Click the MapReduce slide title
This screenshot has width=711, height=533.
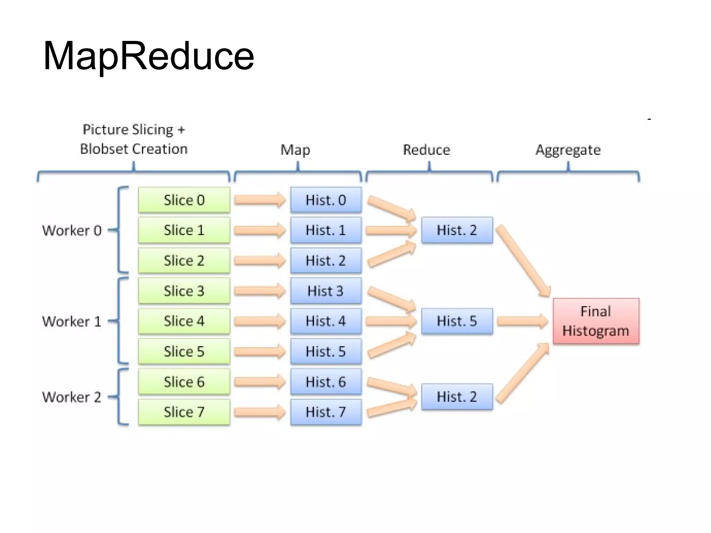[x=149, y=56]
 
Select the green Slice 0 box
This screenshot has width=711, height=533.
[x=184, y=200]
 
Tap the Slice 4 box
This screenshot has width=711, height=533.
[x=184, y=321]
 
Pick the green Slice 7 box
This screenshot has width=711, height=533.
[x=184, y=412]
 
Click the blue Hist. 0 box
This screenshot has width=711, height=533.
[x=326, y=200]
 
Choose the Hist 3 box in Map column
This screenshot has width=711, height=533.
[x=326, y=291]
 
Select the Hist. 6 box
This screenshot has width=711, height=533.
[x=326, y=382]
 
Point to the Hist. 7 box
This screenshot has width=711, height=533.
[x=326, y=412]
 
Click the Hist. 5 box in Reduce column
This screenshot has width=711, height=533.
[x=457, y=321]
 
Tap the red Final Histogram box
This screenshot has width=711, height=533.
[x=596, y=321]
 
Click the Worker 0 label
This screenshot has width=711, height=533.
[x=72, y=230]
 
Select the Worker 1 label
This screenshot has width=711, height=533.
[x=72, y=321]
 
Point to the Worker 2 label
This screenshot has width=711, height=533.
[x=72, y=397]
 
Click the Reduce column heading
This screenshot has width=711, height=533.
[x=426, y=150]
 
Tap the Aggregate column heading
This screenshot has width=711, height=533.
[x=568, y=150]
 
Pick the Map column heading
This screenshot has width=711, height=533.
[x=295, y=150]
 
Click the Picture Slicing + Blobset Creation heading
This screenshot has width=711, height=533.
[x=134, y=139]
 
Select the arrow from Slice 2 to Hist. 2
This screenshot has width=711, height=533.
[x=260, y=261]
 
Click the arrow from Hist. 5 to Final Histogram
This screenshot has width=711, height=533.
[x=522, y=321]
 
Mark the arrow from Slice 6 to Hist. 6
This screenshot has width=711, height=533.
[x=260, y=382]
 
